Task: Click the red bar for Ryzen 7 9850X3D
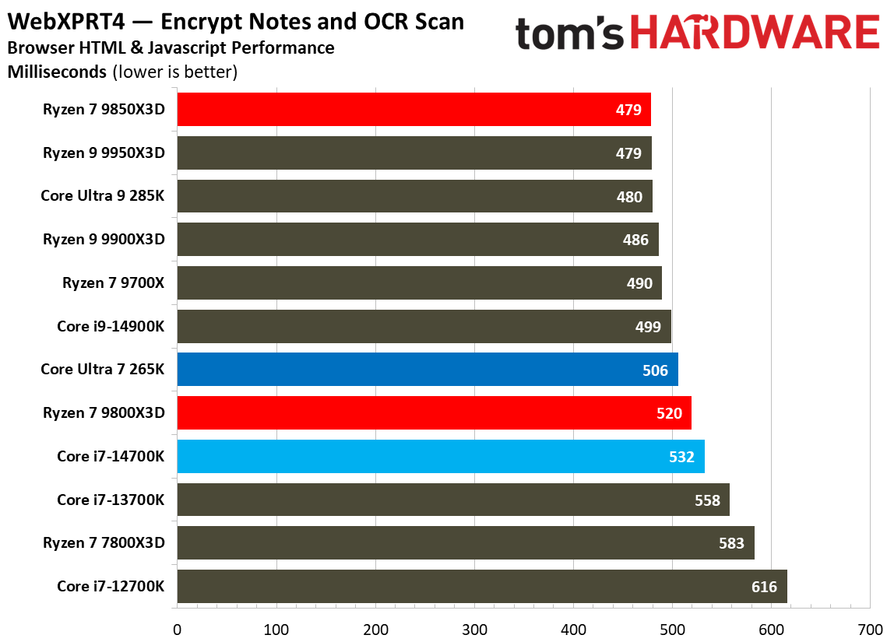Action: [x=413, y=110]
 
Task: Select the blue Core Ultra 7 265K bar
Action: [x=427, y=370]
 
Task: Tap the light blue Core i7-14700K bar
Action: [x=440, y=457]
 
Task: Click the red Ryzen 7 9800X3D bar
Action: [x=434, y=413]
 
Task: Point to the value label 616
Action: [x=764, y=587]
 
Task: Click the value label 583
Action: [x=731, y=543]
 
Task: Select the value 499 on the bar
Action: [x=648, y=327]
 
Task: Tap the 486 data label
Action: [x=635, y=240]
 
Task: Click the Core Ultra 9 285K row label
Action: [x=103, y=196]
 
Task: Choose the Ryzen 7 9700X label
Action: [x=114, y=283]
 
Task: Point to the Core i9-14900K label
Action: [x=111, y=326]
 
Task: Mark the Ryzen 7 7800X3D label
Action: [x=104, y=543]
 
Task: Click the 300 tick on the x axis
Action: [x=474, y=629]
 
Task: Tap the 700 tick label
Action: [x=870, y=629]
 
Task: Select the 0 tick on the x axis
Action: [x=178, y=629]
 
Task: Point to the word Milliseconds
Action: [x=57, y=72]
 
